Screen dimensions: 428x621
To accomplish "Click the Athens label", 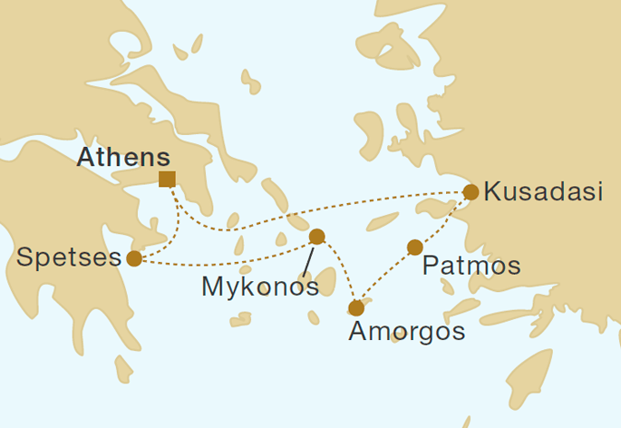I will (x=123, y=156).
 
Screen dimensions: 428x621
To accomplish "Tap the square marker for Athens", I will (x=167, y=179).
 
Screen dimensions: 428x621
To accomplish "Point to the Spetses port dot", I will (x=134, y=258).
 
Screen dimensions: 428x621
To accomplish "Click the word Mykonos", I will (x=260, y=287).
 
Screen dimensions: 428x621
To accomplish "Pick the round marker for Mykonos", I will (x=316, y=237).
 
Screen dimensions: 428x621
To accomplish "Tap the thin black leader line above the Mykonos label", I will (x=308, y=261).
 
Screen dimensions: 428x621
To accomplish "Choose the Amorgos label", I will (x=407, y=332).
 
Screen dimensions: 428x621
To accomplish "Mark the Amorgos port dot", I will (x=356, y=308).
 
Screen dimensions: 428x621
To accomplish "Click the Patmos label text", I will (x=471, y=266).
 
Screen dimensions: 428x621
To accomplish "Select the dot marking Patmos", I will (x=414, y=248).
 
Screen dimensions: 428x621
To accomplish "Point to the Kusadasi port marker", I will (x=471, y=192).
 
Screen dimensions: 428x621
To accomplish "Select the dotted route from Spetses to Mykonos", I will (x=227, y=260).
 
